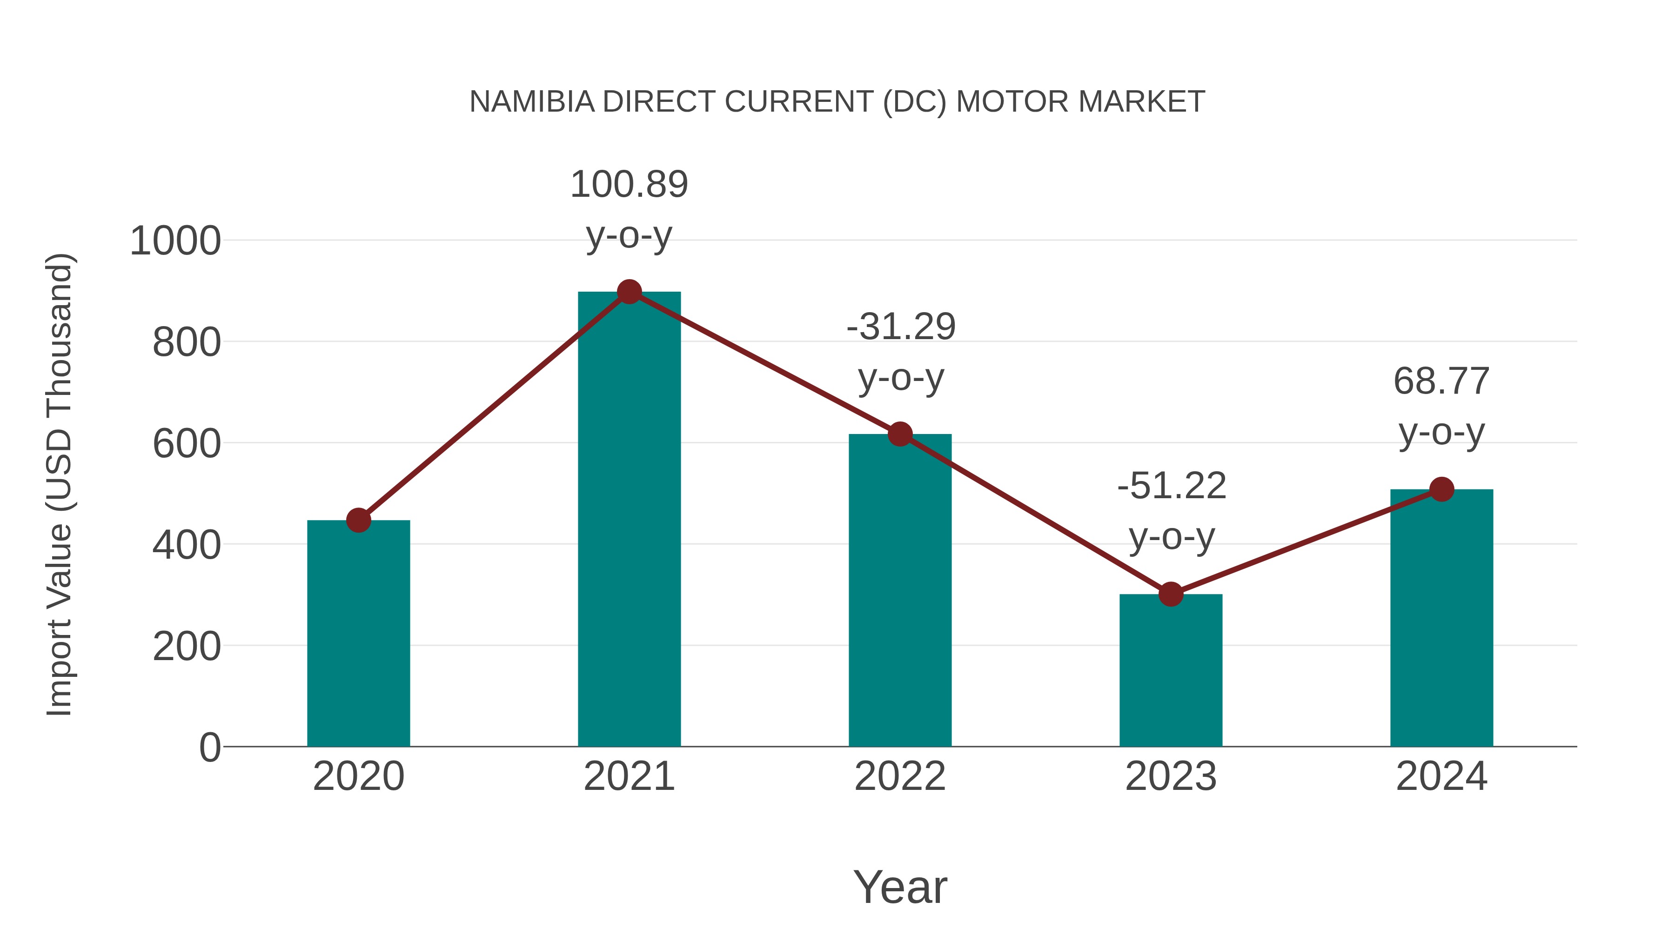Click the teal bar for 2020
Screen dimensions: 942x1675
[358, 634]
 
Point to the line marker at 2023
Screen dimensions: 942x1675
[1171, 594]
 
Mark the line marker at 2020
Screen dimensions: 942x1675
[358, 520]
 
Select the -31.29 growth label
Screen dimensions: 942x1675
[901, 327]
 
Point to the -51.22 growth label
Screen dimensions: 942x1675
[1172, 486]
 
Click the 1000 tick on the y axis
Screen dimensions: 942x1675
[175, 241]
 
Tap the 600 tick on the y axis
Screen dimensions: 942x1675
[187, 445]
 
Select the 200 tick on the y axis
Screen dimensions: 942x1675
[187, 647]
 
